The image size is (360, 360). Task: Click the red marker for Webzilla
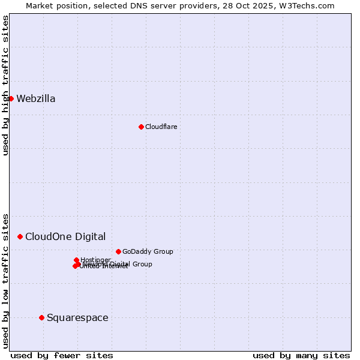tap(11, 98)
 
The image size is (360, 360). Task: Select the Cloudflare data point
tap(141, 127)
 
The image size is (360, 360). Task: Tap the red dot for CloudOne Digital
tap(20, 236)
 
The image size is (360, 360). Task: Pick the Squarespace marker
tap(41, 317)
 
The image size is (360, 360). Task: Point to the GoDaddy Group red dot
tap(118, 251)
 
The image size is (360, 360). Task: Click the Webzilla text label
tap(36, 99)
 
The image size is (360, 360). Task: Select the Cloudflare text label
tap(161, 127)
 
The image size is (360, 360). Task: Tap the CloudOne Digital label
tap(65, 236)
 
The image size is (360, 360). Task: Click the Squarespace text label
tap(77, 317)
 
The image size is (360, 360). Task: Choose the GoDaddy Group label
tap(148, 251)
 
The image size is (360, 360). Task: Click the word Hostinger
tap(95, 260)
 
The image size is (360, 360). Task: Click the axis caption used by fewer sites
tap(62, 355)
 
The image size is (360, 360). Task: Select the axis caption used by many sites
tap(301, 355)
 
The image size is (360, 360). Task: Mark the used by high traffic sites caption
tap(5, 85)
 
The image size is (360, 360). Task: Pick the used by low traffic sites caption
tap(5, 280)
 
